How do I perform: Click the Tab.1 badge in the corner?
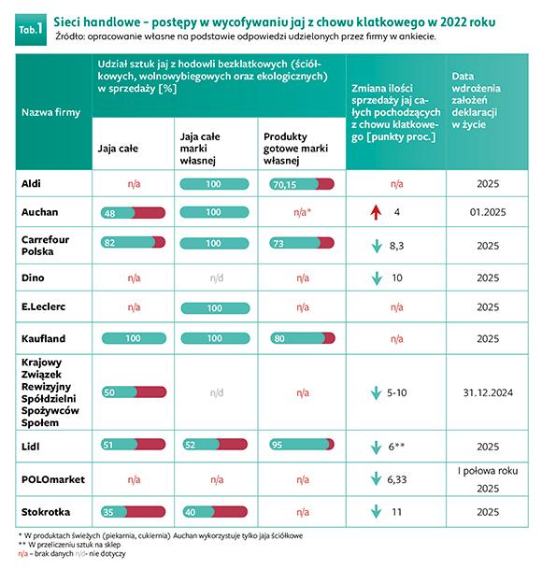[31, 30]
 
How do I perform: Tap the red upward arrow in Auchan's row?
[376, 212]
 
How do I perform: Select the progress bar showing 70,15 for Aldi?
[302, 184]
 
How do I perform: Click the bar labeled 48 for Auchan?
[133, 213]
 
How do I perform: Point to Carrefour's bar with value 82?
[133, 242]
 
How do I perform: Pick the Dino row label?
[33, 278]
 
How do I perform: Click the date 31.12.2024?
[488, 392]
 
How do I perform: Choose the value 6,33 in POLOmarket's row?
[397, 479]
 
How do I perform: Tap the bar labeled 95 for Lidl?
[302, 445]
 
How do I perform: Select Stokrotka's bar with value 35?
[133, 512]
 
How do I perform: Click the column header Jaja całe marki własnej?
[200, 149]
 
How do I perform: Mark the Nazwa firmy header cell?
[50, 112]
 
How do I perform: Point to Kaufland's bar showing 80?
[303, 338]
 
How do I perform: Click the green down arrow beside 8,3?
[377, 246]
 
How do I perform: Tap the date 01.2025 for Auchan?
[488, 212]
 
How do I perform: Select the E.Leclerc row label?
[43, 307]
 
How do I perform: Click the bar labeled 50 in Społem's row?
[134, 392]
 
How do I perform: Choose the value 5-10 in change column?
[397, 392]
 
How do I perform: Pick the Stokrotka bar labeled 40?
[215, 512]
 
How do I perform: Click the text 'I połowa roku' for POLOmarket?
[488, 471]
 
